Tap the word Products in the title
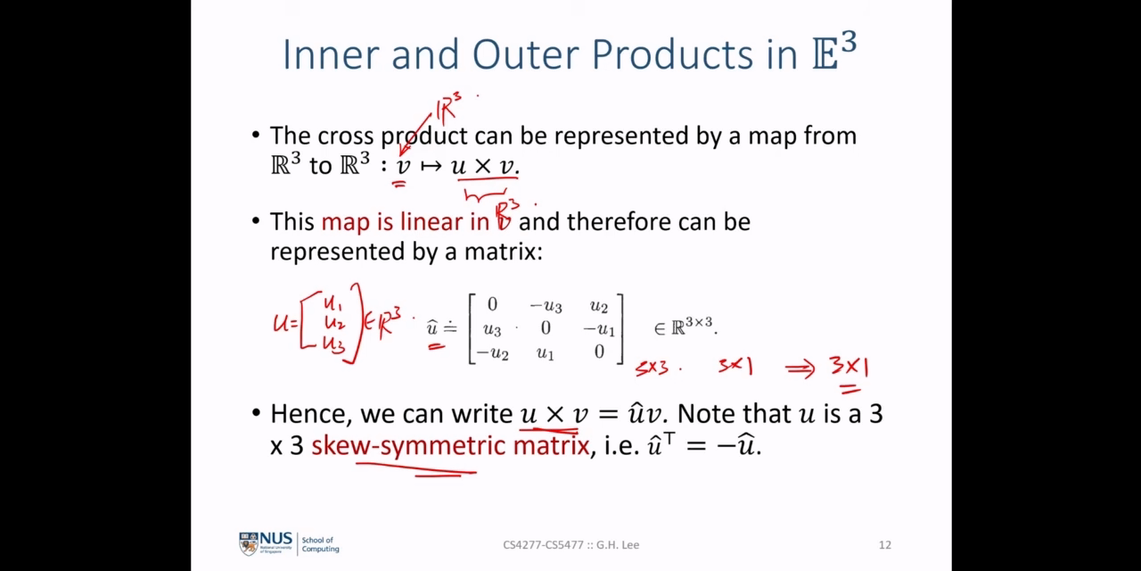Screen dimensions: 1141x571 [x=672, y=54]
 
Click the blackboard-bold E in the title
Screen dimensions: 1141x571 [x=825, y=54]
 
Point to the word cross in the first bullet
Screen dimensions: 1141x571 [x=346, y=137]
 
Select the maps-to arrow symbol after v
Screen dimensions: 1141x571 [x=431, y=166]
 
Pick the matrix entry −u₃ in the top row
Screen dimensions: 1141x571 [x=546, y=305]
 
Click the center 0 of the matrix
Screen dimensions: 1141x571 [x=546, y=327]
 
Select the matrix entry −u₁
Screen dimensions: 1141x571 [x=599, y=329]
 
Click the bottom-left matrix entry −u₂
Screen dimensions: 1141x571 [x=492, y=352]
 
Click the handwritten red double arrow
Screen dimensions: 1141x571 [x=800, y=369]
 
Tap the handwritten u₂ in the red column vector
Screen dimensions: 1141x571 [x=334, y=323]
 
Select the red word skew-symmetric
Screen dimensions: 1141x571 [x=408, y=445]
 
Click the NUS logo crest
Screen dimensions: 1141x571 [x=249, y=543]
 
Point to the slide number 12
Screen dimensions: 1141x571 [x=885, y=545]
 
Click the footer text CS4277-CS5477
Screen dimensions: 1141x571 [x=543, y=545]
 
